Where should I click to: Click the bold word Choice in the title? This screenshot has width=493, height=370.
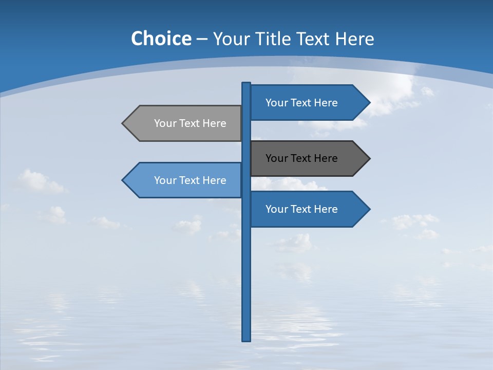(x=161, y=39)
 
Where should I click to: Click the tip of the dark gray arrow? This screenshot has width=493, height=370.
(x=369, y=158)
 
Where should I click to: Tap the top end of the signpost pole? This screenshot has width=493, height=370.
(x=246, y=84)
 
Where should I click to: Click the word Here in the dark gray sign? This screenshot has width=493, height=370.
(x=326, y=158)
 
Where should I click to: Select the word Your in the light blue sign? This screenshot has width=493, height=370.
(x=164, y=180)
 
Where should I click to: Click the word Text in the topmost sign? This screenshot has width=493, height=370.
(x=300, y=103)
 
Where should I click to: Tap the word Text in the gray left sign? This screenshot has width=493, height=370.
(x=189, y=123)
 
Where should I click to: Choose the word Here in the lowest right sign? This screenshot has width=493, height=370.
(x=326, y=209)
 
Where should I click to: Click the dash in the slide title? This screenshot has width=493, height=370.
(x=202, y=39)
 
